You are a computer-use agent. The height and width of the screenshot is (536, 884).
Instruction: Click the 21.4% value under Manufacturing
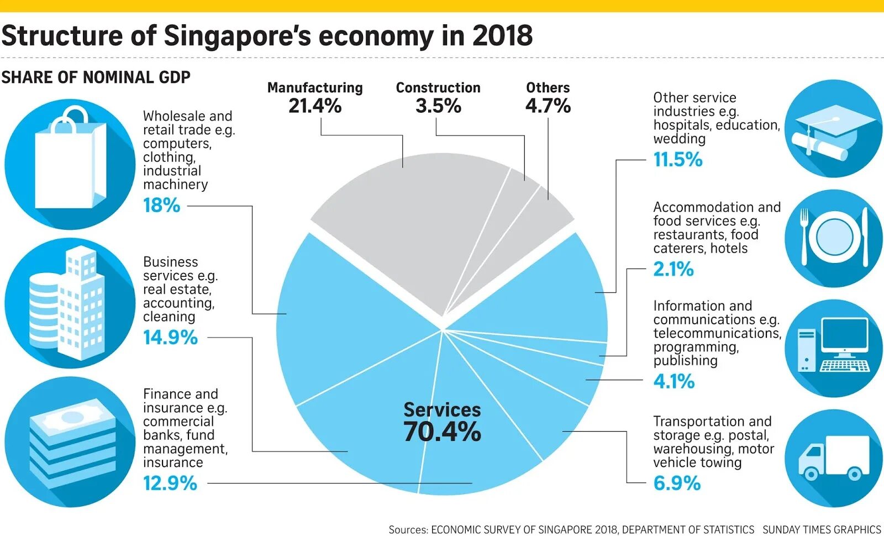pos(315,106)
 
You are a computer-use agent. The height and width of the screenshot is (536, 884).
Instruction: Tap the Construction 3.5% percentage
pos(438,106)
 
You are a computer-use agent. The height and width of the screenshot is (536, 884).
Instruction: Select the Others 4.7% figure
pos(548,106)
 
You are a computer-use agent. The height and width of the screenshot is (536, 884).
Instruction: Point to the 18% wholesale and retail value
pos(161,206)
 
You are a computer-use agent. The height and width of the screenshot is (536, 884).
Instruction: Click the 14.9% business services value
pos(170,337)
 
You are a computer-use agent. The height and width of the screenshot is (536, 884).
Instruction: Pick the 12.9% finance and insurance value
pos(170,484)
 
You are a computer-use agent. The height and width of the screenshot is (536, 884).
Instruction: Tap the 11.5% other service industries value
pos(678,160)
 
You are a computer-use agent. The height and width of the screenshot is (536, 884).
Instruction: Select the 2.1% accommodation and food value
pos(673,269)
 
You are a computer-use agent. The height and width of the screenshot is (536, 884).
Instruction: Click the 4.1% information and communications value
pos(673,381)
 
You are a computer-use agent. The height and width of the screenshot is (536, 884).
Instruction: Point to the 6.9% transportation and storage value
pos(677,484)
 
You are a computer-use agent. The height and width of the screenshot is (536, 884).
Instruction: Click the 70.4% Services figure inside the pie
pos(442,432)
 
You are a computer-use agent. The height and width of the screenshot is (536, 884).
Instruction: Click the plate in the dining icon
pos(834,237)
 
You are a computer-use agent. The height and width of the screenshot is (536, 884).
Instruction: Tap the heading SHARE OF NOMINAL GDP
pos(96,77)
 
